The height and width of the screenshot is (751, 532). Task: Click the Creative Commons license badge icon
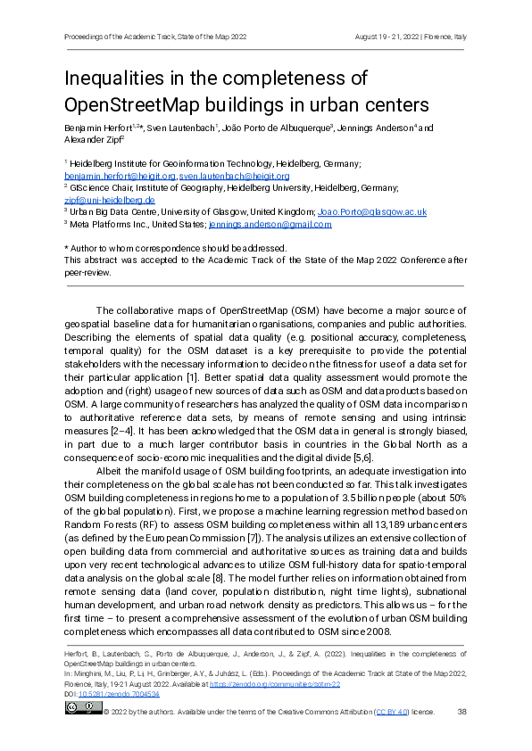pos(82,708)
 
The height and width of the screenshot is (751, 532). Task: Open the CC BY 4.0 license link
pos(392,713)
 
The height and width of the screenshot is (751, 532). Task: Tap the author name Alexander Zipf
pos(92,139)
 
